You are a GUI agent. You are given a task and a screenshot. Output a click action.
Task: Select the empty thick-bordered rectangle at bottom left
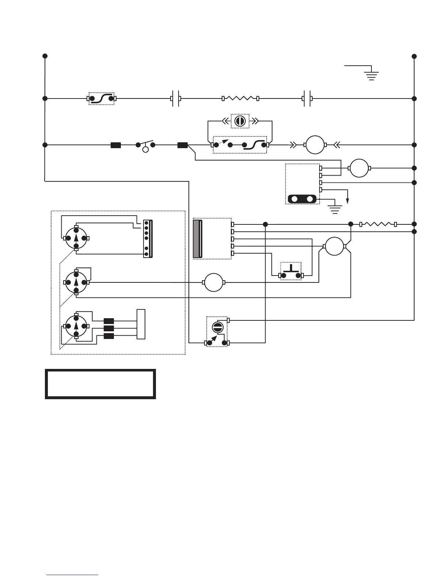[100, 384]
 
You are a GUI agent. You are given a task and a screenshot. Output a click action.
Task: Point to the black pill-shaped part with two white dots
[302, 199]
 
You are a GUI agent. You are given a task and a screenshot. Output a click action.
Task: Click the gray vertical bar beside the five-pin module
[197, 239]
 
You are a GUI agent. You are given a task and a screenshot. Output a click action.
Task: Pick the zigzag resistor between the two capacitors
[240, 99]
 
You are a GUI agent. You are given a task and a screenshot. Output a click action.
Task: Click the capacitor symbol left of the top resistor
[176, 99]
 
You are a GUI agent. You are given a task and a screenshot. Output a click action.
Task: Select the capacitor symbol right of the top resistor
[307, 99]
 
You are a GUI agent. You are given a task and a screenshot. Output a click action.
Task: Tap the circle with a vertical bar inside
[240, 121]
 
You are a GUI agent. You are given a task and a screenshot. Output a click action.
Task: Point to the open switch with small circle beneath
[145, 146]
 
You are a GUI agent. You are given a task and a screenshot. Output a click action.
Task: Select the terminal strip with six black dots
[148, 238]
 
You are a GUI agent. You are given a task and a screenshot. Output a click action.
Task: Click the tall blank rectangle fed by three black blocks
[141, 324]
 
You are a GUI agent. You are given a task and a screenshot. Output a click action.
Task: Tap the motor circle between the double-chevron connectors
[315, 145]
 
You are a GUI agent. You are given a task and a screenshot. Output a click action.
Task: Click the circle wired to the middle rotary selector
[213, 282]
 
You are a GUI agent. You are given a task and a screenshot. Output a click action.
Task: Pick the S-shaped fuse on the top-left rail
[102, 99]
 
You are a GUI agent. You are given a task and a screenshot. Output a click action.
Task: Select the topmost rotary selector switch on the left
[76, 238]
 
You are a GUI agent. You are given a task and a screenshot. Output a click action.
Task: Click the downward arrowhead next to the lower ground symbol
[348, 200]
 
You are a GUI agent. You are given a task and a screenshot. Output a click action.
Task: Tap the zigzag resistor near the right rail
[378, 224]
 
